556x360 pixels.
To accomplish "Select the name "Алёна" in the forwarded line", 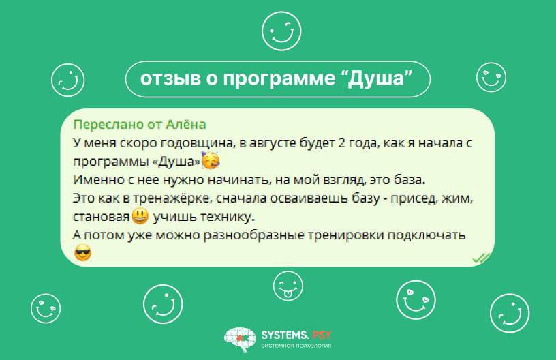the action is [x=186, y=124].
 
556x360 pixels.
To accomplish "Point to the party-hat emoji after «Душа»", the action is [x=211, y=160].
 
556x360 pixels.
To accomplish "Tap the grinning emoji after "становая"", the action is [x=140, y=215].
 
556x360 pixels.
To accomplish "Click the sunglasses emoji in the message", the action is [x=83, y=253].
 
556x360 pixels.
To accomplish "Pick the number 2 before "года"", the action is [x=342, y=142].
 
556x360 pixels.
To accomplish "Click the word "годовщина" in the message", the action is [x=198, y=143].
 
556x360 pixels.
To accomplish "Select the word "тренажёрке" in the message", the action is [x=172, y=198].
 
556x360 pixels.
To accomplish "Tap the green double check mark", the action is [x=482, y=258].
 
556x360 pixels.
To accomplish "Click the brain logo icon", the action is [x=240, y=339].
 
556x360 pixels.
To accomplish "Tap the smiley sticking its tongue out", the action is [x=288, y=286].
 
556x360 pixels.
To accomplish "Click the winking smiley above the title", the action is [x=281, y=31].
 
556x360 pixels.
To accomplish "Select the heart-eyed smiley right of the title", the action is [x=491, y=77].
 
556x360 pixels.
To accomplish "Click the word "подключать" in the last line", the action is [x=427, y=235].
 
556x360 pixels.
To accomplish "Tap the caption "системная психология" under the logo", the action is [x=296, y=346].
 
